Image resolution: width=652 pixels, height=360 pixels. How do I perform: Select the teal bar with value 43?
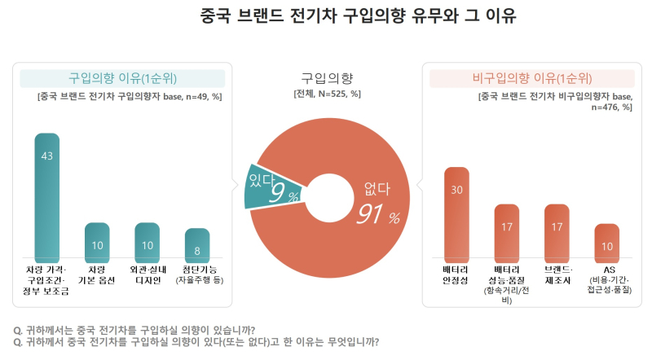point(46,195)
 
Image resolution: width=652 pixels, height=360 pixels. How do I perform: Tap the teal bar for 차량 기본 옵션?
point(97,242)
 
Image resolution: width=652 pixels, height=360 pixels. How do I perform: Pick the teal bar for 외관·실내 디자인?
point(147,242)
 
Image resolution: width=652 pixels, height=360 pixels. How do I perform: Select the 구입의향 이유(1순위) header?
point(122,78)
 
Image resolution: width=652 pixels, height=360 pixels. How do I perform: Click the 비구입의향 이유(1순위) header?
point(532,78)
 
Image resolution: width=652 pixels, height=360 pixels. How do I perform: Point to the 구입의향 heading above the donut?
point(327,78)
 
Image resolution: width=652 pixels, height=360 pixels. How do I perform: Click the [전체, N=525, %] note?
point(327,94)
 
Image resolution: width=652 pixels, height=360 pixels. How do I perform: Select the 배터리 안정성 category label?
point(456,273)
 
